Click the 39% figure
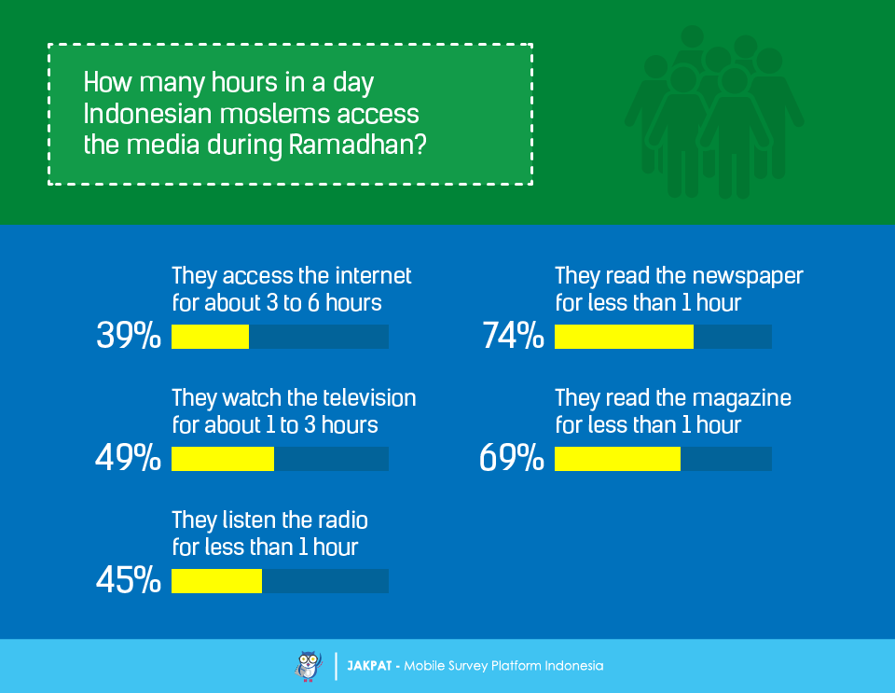click(129, 335)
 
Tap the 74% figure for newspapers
click(513, 335)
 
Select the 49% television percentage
click(128, 457)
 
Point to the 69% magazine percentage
click(512, 457)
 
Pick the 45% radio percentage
click(129, 580)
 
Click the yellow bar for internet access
click(210, 337)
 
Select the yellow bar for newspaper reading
click(624, 337)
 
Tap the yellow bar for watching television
click(223, 459)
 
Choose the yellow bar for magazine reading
click(617, 459)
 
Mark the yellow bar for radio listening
click(217, 581)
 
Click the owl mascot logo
click(309, 666)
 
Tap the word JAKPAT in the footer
click(369, 666)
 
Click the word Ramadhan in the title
click(357, 145)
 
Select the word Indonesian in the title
click(148, 114)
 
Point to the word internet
click(373, 276)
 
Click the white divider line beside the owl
click(336, 666)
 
